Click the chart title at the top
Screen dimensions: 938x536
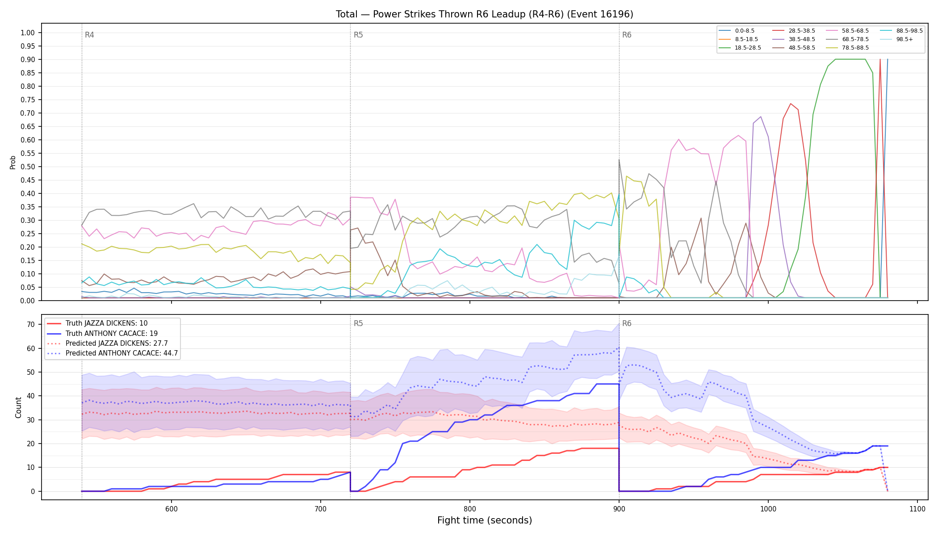point(485,14)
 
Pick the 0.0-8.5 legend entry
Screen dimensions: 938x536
point(737,31)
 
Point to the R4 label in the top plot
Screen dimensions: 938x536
point(89,35)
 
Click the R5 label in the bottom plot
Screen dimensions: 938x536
point(358,323)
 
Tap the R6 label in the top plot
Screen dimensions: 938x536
point(627,35)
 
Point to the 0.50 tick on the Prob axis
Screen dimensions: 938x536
point(28,167)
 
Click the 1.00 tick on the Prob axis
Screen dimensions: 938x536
point(28,33)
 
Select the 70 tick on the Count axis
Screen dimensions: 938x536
point(31,324)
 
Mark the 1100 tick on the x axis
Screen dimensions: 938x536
point(917,509)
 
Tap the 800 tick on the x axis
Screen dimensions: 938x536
point(469,509)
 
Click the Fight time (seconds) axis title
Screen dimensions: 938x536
point(485,520)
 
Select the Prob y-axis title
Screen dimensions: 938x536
point(13,162)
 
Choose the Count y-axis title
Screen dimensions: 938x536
point(18,407)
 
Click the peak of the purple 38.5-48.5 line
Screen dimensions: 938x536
point(761,117)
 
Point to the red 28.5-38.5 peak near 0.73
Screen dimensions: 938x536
point(791,104)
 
